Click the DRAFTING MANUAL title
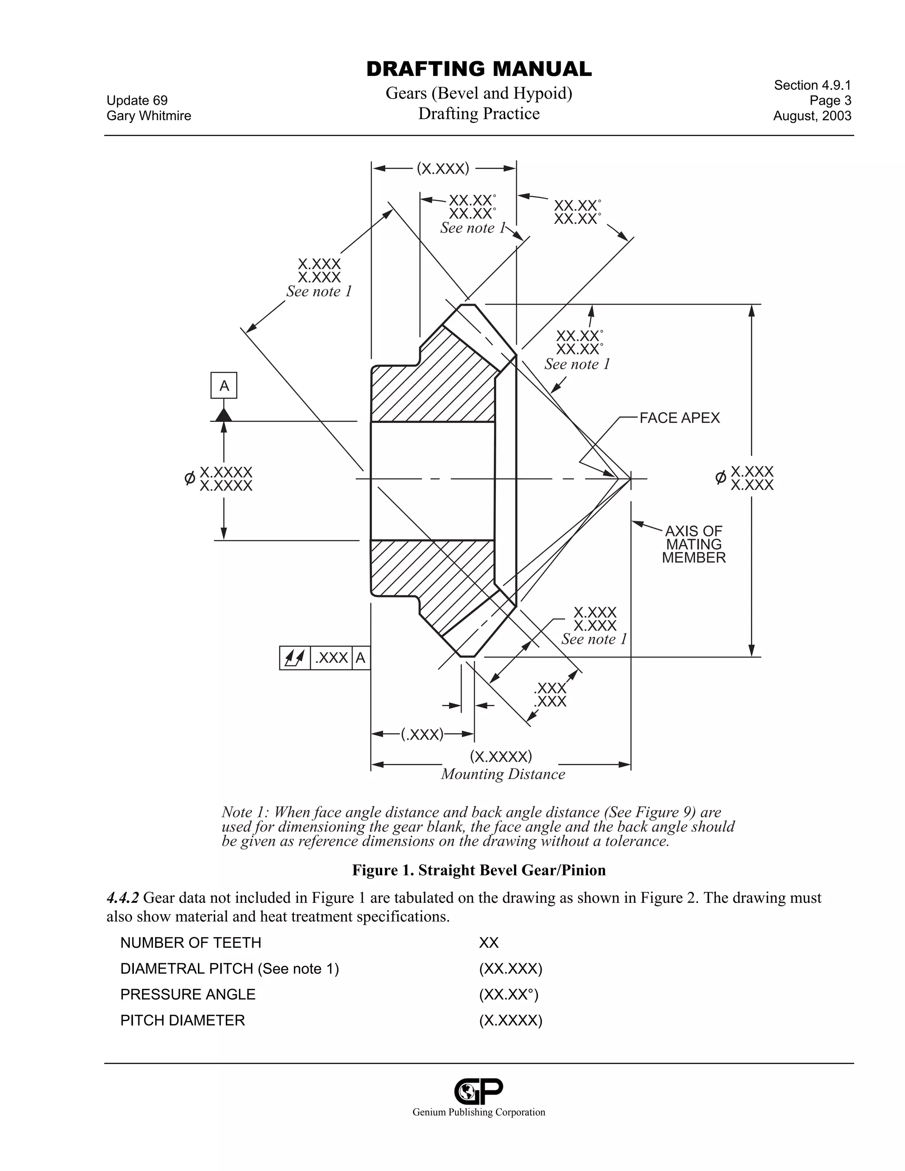pos(479,69)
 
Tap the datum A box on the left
pos(224,385)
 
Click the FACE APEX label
pos(679,418)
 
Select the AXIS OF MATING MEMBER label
pos(693,544)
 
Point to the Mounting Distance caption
pos(503,774)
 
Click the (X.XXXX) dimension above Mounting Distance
pos(501,756)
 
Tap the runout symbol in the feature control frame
pos(295,658)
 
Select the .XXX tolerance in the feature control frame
pos(331,658)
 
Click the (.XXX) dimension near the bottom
pos(422,734)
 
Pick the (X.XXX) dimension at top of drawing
pos(443,169)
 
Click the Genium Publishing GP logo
pos(479,1091)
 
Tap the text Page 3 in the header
pos(830,101)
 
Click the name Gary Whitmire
pos(148,116)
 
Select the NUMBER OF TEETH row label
pos(190,943)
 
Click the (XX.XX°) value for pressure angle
pos(508,995)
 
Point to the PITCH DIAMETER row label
pos(183,1020)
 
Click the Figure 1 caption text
pos(479,870)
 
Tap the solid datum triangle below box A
pos(224,414)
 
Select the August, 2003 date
pos(812,116)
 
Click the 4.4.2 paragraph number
pos(123,897)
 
